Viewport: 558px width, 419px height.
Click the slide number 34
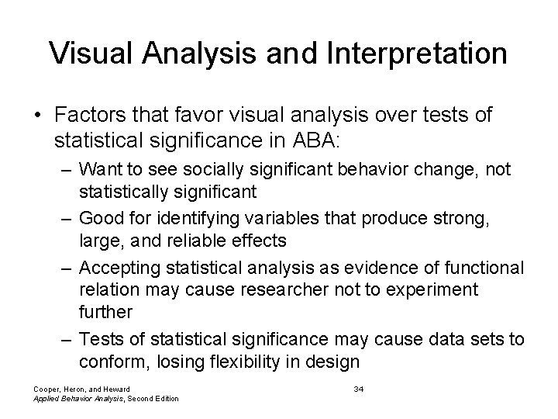pyautogui.click(x=358, y=389)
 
